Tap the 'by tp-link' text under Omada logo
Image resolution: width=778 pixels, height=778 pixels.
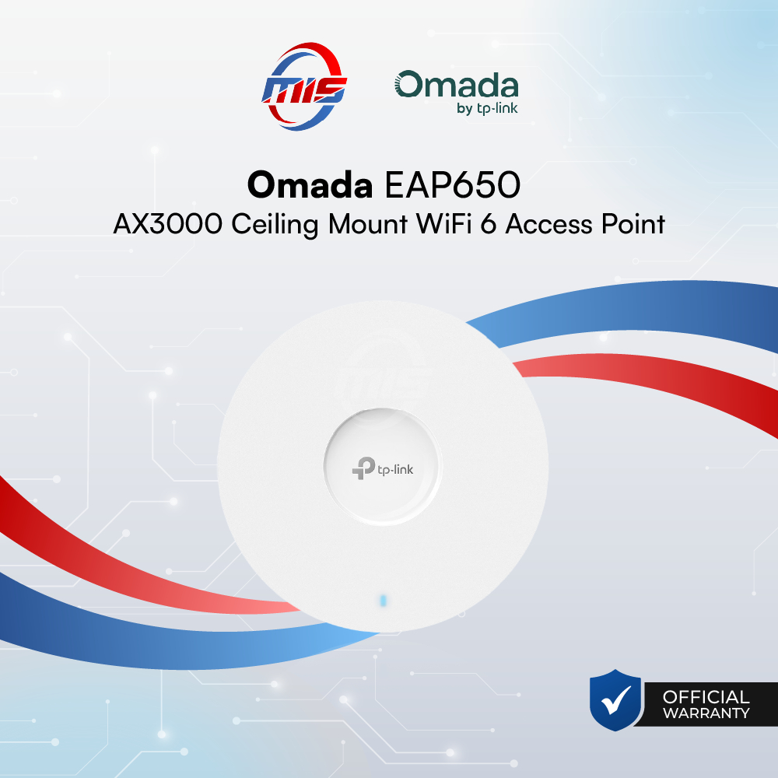coord(487,108)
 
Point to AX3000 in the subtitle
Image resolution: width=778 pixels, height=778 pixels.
coord(162,224)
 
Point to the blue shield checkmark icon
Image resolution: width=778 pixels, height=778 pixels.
coord(615,701)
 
